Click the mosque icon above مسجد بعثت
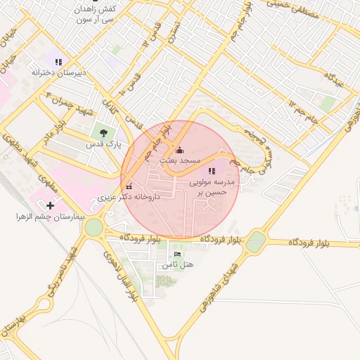(x=179, y=150)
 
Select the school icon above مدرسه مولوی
(x=211, y=171)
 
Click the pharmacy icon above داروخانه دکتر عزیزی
(x=128, y=186)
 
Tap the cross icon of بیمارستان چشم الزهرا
(x=50, y=205)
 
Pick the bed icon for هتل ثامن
(x=177, y=254)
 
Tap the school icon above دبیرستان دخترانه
(x=58, y=62)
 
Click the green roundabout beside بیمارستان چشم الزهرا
(x=94, y=226)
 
